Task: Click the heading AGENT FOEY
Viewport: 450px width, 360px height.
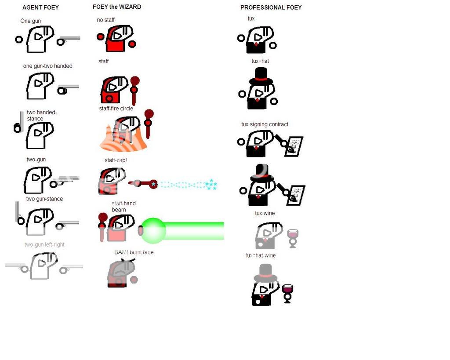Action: pos(40,7)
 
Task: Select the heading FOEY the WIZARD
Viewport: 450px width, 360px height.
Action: pos(117,7)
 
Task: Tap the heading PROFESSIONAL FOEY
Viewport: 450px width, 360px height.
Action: pos(271,7)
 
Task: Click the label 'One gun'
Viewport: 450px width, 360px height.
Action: pos(30,21)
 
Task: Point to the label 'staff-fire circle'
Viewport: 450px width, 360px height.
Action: pos(116,108)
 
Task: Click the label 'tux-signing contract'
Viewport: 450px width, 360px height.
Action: pos(265,124)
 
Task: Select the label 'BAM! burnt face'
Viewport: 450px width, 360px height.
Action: pos(134,252)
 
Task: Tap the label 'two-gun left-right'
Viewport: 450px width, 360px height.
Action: pos(44,244)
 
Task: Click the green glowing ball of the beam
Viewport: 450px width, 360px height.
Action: pos(153,230)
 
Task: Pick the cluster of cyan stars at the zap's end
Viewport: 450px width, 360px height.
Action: pos(211,184)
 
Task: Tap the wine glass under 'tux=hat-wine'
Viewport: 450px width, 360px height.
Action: pos(287,293)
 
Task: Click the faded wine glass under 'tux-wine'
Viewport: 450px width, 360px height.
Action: pos(293,238)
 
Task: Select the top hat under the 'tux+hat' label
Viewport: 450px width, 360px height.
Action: pos(261,76)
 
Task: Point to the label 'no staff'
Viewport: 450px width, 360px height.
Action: pos(105,20)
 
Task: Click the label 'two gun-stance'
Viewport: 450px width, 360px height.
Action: pos(44,199)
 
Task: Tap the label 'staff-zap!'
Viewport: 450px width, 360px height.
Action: pos(116,160)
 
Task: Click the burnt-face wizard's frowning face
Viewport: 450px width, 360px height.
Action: pos(121,270)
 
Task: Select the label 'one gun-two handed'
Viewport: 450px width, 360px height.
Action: pos(47,66)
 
